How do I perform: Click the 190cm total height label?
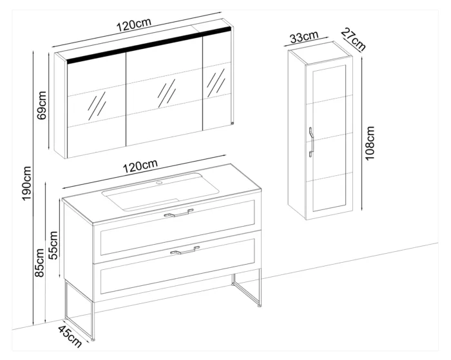27,184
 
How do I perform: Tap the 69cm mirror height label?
42,105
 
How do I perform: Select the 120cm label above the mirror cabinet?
133,24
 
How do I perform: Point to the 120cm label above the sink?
140,166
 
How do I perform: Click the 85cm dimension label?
39,263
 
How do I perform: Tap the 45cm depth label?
70,336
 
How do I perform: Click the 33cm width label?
304,37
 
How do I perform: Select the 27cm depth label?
354,39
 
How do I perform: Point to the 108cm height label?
370,143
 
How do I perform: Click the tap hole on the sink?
159,183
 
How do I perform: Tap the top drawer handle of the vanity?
178,213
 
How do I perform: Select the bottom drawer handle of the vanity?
185,251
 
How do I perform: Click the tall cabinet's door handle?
311,142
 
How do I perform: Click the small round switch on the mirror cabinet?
232,123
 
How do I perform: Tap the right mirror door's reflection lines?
216,83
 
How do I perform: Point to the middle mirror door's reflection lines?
166,93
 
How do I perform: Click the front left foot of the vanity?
93,339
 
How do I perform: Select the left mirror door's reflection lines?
97,106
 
